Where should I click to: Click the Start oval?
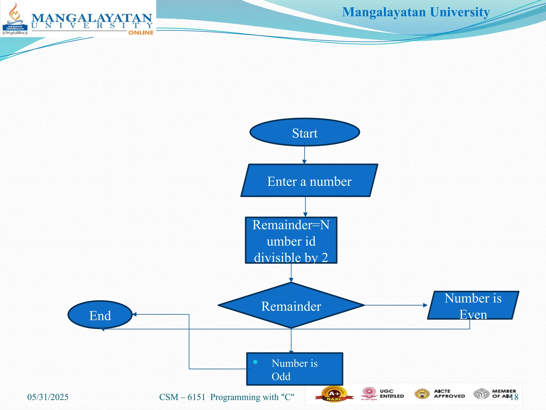[x=305, y=132]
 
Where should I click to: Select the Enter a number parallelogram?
[x=309, y=181]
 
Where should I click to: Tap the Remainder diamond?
[x=291, y=306]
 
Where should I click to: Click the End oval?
[x=100, y=315]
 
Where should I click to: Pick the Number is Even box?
[x=473, y=305]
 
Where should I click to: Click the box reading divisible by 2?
[x=291, y=241]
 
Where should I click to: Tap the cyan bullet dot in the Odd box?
[x=255, y=362]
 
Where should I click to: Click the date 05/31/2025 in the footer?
[x=48, y=397]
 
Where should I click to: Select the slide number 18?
[x=514, y=397]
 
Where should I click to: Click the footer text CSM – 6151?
[x=182, y=397]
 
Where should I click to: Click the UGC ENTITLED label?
[x=392, y=394]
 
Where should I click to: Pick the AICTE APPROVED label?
[x=449, y=394]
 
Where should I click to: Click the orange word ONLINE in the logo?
[x=141, y=33]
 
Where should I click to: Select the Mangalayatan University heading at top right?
[x=416, y=12]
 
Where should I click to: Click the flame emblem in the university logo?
[x=15, y=13]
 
